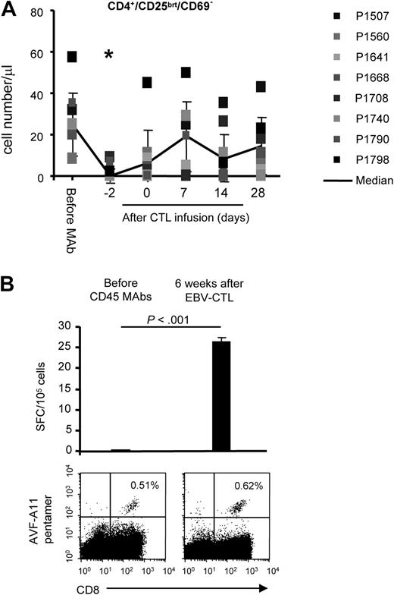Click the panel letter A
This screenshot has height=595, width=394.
point(10,11)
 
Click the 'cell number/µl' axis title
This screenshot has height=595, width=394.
point(13,94)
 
